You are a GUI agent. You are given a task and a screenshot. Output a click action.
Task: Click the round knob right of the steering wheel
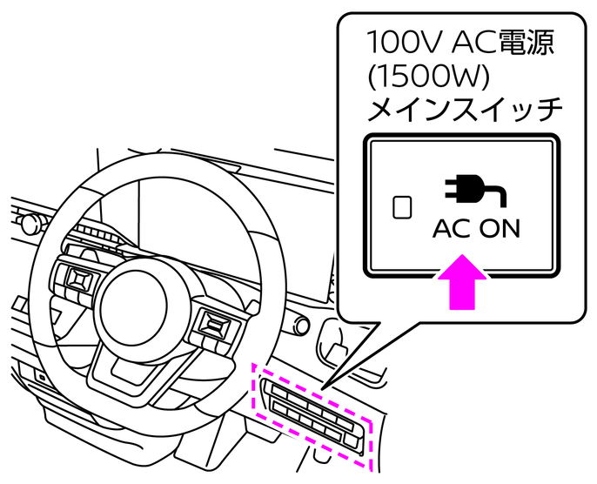click(x=302, y=325)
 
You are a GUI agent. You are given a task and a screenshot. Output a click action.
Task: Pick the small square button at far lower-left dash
click(x=41, y=377)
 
